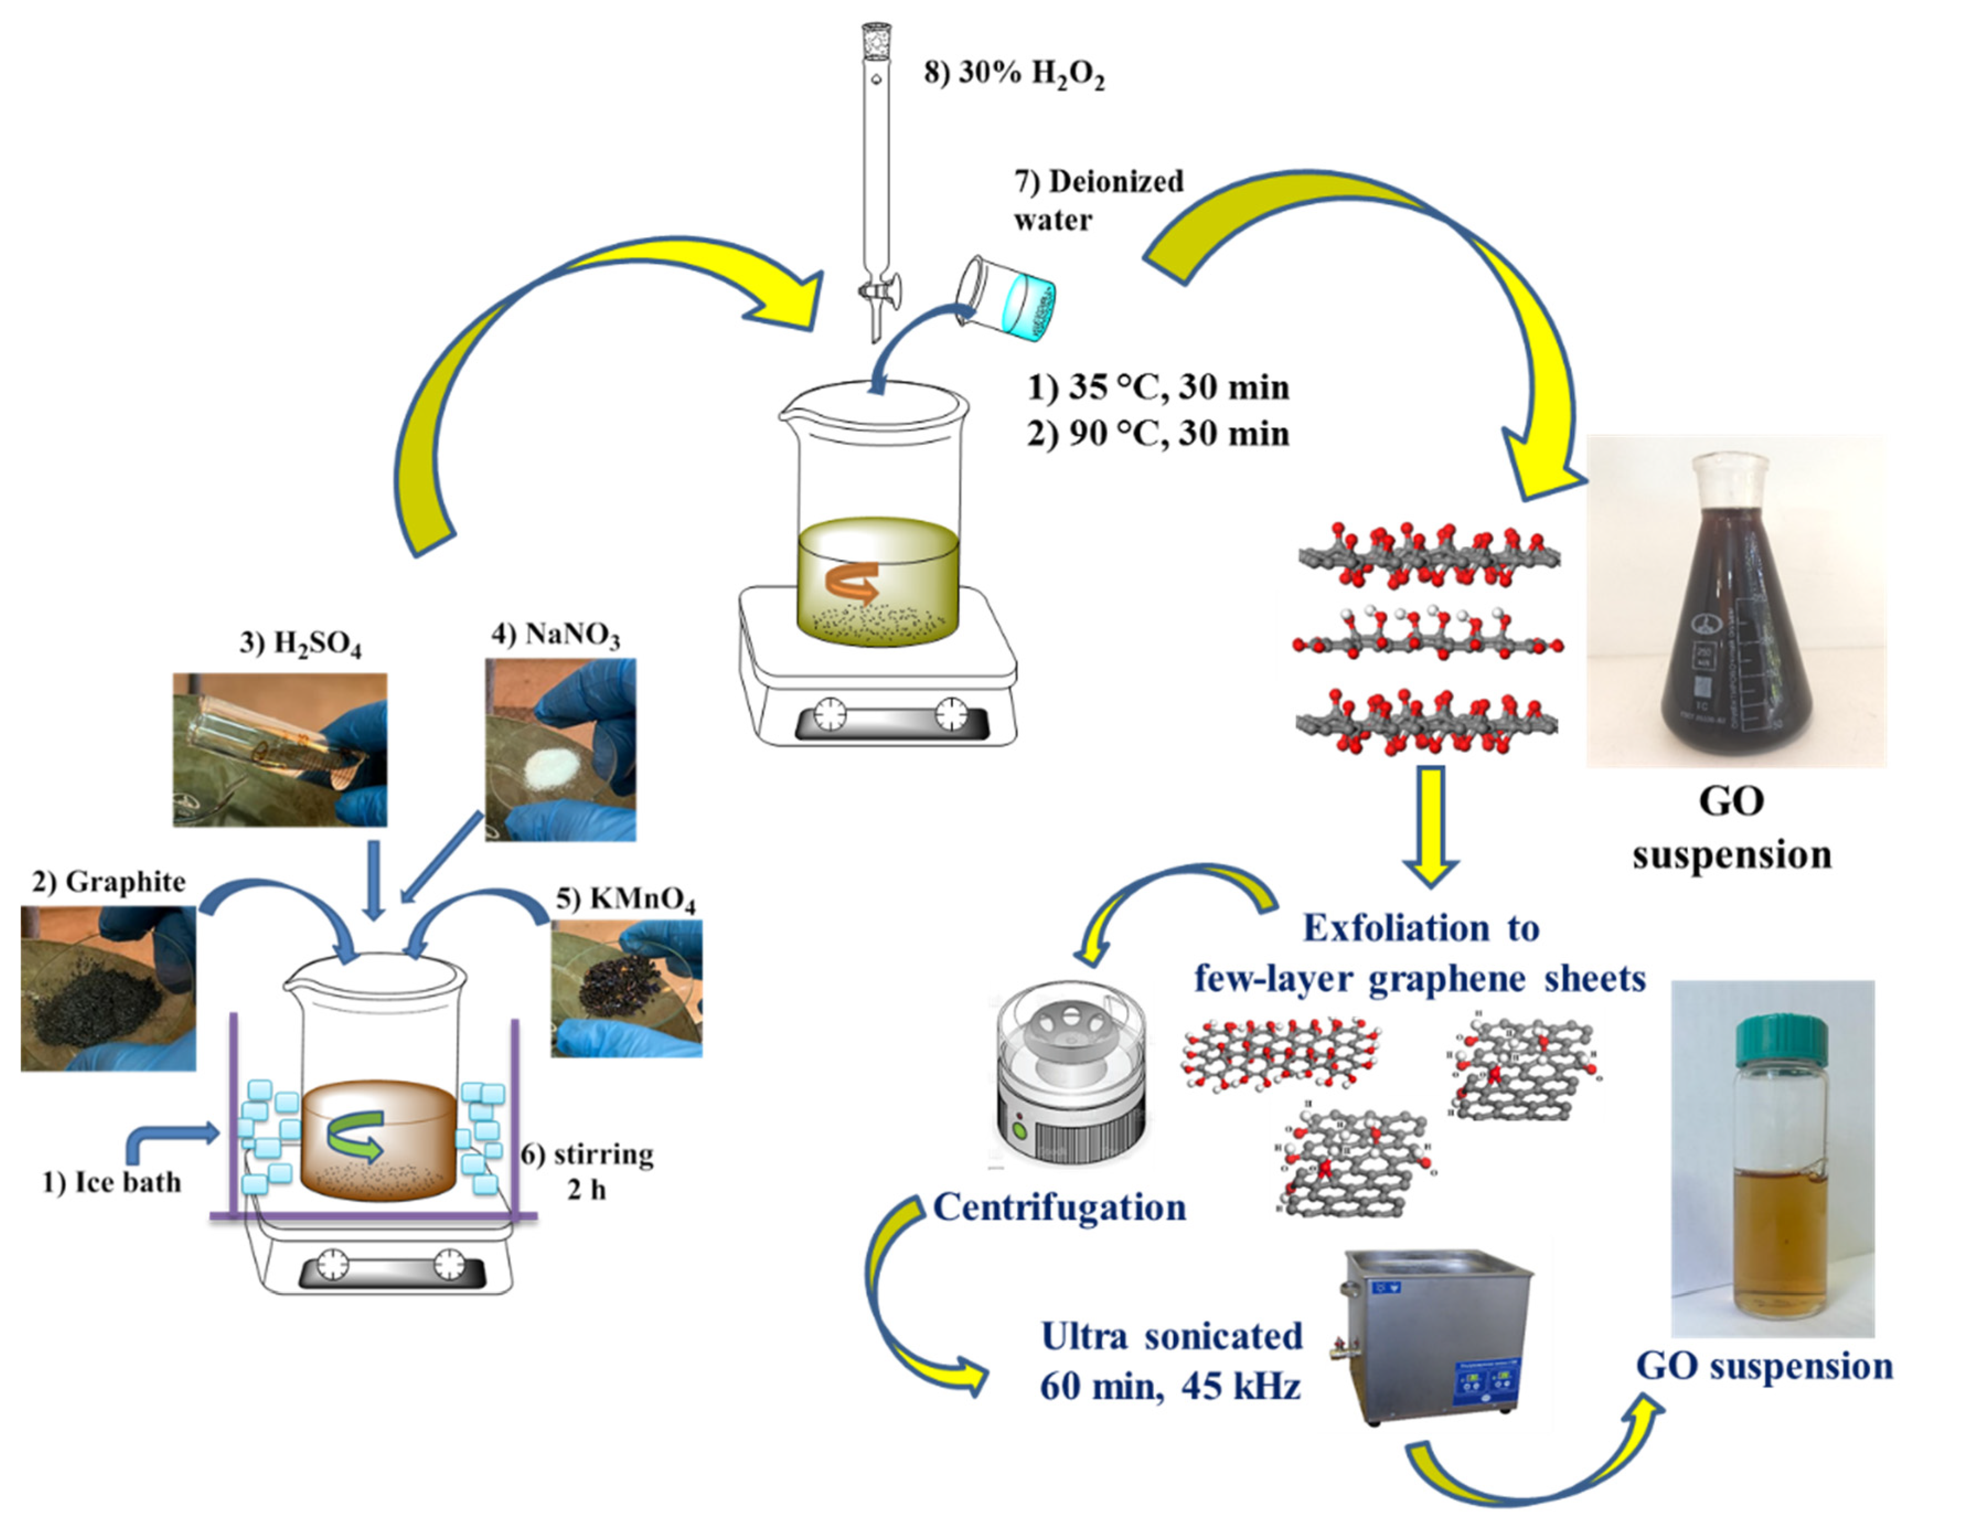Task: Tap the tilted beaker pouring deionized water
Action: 1007,298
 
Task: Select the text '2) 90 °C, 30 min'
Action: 1158,434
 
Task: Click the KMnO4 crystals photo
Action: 626,988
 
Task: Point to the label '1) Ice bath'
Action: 112,1183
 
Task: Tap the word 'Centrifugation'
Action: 1059,1208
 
